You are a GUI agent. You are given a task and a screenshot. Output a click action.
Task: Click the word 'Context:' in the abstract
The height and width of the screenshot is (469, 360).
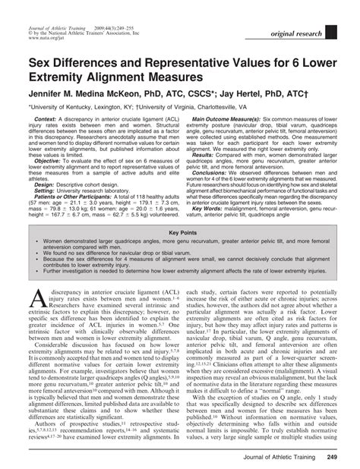pos(46,119)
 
